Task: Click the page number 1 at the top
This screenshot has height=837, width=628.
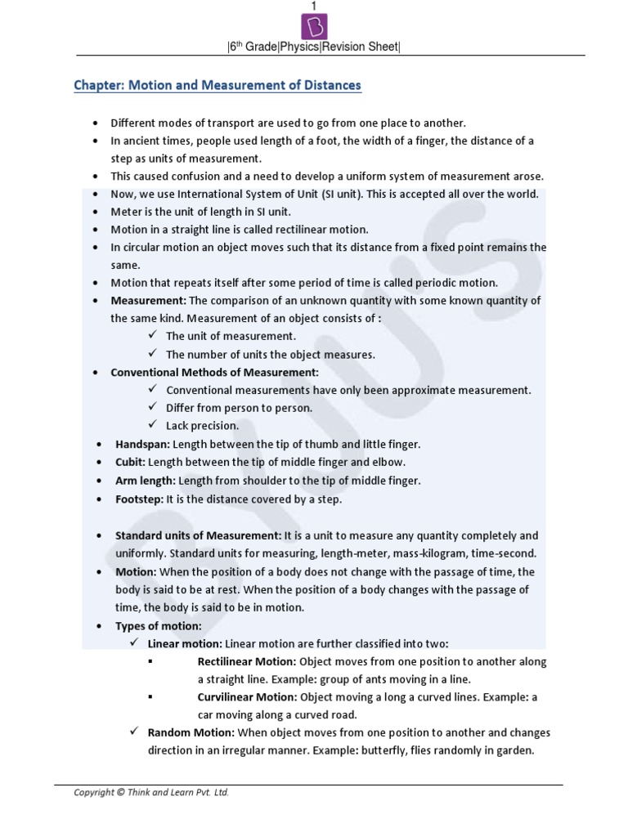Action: click(x=313, y=7)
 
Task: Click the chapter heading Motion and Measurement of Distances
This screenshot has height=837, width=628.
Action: click(x=217, y=85)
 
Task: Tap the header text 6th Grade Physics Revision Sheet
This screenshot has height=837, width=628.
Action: click(x=313, y=47)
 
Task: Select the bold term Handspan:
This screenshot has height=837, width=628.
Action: click(x=143, y=444)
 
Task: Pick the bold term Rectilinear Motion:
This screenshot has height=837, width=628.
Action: click(x=247, y=661)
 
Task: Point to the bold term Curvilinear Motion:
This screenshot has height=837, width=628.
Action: click(x=247, y=697)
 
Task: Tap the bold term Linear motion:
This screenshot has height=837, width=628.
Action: click(x=185, y=643)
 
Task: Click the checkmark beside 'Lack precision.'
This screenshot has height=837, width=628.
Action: click(x=153, y=425)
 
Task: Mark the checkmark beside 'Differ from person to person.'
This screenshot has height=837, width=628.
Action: click(x=153, y=407)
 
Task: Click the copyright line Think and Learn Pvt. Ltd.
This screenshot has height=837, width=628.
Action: click(x=151, y=792)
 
